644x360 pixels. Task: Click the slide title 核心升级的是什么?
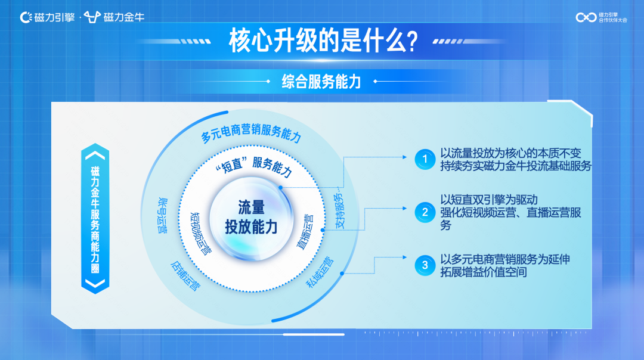click(322, 42)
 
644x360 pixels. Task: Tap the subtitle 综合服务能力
click(321, 82)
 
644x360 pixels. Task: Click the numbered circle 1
click(425, 159)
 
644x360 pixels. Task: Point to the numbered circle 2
click(425, 212)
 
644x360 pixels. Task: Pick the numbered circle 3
click(425, 265)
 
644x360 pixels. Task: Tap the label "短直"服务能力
click(253, 166)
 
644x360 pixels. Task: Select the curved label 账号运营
click(160, 214)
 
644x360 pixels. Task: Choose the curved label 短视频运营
click(200, 232)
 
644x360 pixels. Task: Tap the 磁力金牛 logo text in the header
click(123, 17)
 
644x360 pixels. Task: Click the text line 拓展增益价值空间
click(484, 272)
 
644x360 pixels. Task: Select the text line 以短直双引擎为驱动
click(489, 200)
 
